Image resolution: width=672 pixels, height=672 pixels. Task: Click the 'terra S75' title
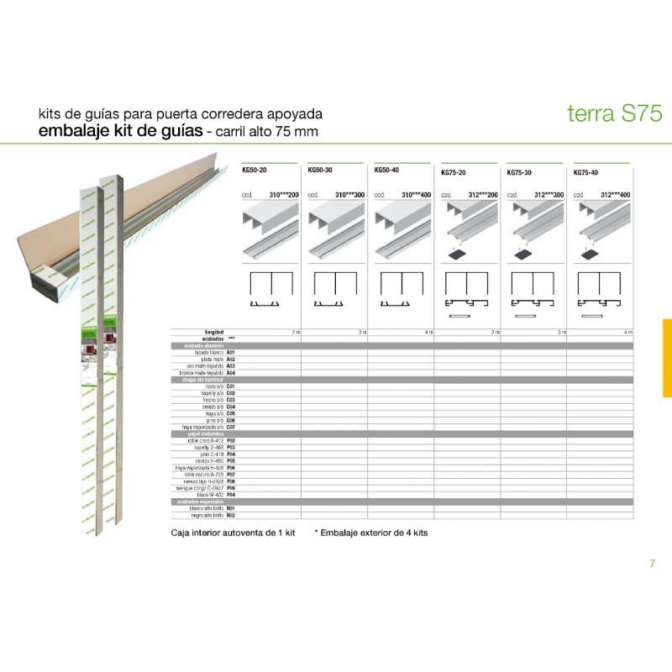(602, 114)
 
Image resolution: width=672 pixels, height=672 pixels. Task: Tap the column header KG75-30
(520, 172)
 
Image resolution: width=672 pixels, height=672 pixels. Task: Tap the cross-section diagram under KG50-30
(334, 290)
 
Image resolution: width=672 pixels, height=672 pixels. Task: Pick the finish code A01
(231, 353)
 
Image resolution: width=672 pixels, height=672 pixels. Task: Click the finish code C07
(231, 427)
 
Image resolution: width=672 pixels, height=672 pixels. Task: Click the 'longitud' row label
(214, 333)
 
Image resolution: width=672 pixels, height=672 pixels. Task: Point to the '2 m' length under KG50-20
(295, 333)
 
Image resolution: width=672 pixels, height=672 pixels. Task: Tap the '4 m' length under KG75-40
(627, 333)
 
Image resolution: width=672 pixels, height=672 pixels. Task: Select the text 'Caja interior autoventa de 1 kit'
(235, 533)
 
